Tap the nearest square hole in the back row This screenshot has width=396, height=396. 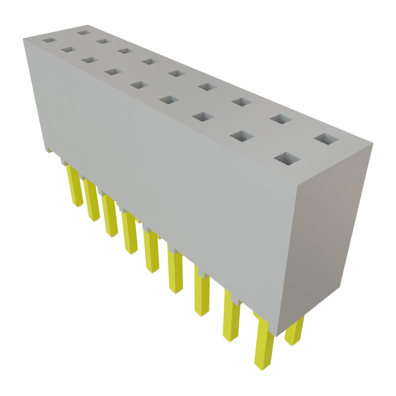(x=326, y=139)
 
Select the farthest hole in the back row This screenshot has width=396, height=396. (x=83, y=32)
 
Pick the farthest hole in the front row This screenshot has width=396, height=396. (x=49, y=39)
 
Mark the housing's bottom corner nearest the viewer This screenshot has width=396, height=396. (x=277, y=336)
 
